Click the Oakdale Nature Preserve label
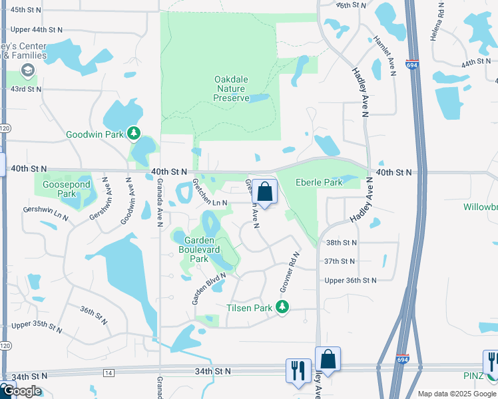tap(231, 88)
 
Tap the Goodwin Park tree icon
tap(134, 134)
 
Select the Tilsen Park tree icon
tap(283, 307)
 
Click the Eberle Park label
tap(318, 182)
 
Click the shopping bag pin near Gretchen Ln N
tap(265, 192)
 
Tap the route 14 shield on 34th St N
tap(107, 373)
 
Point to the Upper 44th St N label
tap(37, 29)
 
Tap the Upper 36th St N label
tap(350, 280)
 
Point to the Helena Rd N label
tap(441, 21)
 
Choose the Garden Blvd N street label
tap(208, 289)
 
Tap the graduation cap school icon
tap(28, 70)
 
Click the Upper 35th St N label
tap(37, 327)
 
